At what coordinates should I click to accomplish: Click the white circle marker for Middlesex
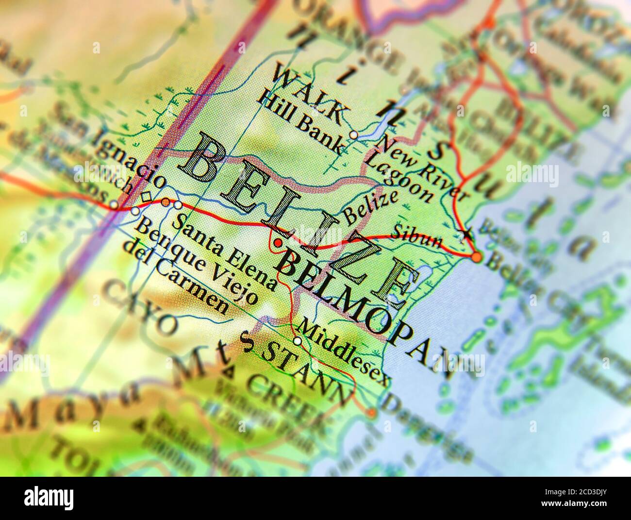point(298,341)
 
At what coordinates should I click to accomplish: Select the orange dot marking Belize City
point(477,257)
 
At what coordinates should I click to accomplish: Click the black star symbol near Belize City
point(467,234)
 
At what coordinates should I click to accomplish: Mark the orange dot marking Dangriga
point(371,413)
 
